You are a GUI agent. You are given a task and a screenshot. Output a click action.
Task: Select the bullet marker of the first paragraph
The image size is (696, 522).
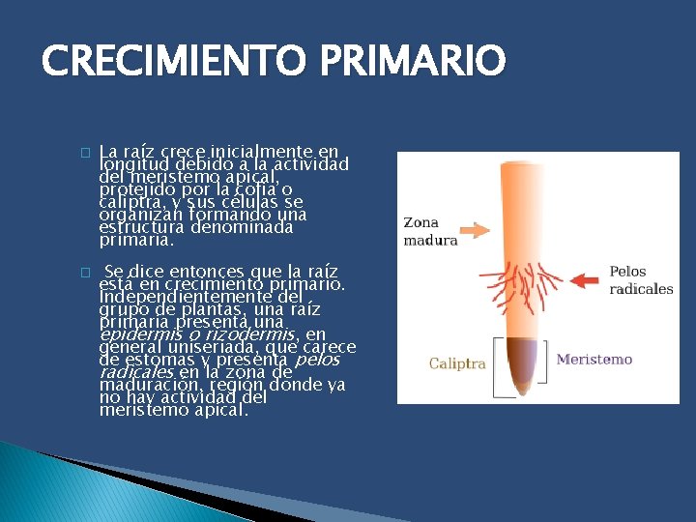click(x=85, y=153)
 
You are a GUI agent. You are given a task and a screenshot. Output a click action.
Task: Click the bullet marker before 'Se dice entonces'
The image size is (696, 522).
click(x=85, y=273)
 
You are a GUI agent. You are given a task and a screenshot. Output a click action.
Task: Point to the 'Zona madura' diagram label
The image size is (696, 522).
click(x=430, y=231)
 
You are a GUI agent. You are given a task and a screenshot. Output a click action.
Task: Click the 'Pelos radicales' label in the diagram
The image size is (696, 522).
click(x=641, y=280)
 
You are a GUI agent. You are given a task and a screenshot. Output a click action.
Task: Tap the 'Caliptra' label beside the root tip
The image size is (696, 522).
click(x=457, y=364)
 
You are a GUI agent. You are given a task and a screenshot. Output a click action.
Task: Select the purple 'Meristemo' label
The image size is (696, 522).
click(x=594, y=360)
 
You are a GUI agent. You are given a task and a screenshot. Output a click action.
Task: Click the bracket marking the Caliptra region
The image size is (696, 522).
click(x=497, y=367)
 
